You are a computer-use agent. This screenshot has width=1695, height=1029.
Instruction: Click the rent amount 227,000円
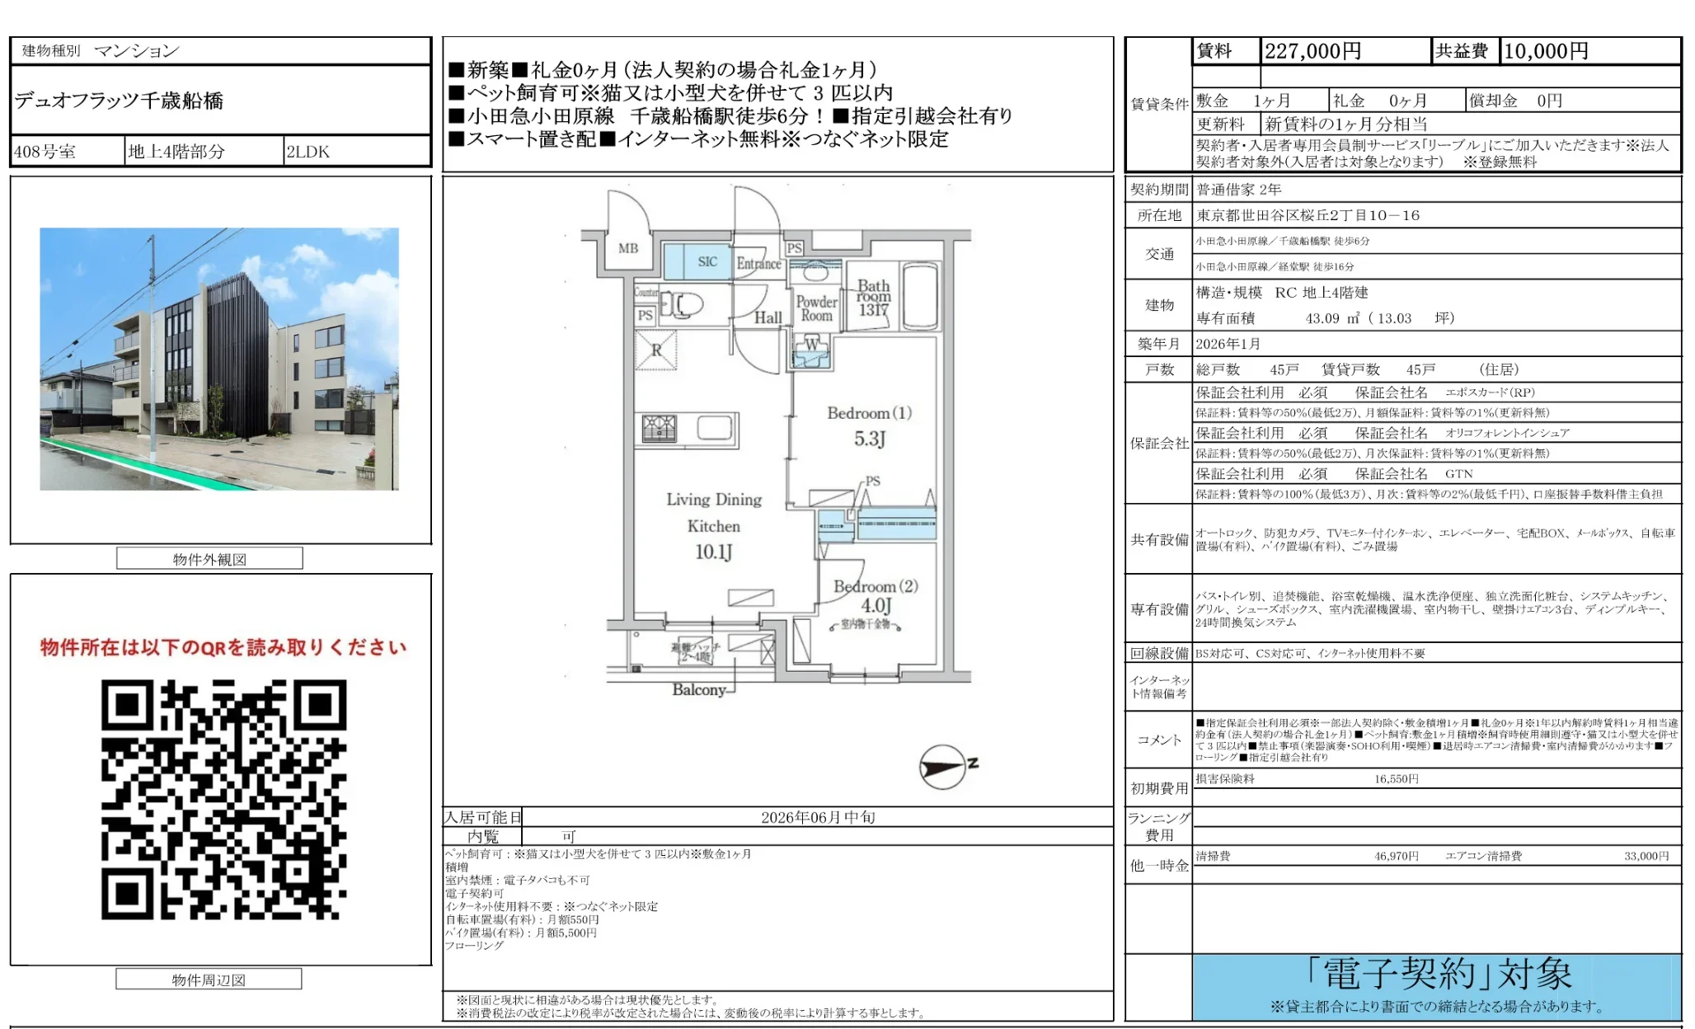point(1312,51)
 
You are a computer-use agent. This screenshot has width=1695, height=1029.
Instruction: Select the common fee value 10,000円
point(1546,51)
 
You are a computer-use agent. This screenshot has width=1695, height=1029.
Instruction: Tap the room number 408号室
point(45,152)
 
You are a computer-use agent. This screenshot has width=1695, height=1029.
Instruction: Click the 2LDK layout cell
point(308,152)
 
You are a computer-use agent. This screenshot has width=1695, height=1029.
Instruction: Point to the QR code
point(224,799)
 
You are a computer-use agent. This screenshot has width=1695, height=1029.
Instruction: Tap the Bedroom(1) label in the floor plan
point(869,413)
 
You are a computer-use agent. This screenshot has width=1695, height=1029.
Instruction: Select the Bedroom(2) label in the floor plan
point(876,586)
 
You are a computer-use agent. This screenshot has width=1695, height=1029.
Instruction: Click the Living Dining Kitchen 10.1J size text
point(714,552)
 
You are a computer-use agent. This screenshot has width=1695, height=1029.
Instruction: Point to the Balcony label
point(699,689)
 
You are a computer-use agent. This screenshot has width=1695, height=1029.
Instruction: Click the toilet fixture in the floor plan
point(686,304)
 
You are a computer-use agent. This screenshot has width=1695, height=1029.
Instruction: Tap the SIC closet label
point(707,261)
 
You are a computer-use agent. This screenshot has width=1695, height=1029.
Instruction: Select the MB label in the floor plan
point(628,248)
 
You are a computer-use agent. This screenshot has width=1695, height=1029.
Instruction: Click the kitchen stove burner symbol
point(659,429)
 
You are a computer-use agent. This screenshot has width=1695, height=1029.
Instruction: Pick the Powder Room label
point(816,308)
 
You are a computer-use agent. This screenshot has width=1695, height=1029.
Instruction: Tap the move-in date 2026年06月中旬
point(818,817)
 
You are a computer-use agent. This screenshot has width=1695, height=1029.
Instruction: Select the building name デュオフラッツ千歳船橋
point(119,101)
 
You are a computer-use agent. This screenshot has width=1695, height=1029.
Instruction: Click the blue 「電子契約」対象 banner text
point(1438,975)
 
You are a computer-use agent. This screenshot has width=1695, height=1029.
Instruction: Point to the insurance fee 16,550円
point(1396,778)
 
